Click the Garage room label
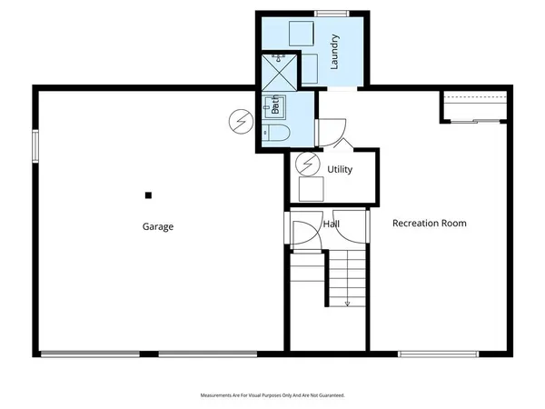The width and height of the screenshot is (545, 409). [x=157, y=226]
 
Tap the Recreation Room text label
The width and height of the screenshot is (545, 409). [x=429, y=223]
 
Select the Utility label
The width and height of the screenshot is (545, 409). [x=340, y=170]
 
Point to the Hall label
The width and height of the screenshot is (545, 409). [x=331, y=223]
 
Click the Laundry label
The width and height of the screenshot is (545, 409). [x=334, y=52]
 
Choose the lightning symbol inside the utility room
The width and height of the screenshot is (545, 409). [x=310, y=165]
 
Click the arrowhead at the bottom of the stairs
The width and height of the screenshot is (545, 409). [x=347, y=304]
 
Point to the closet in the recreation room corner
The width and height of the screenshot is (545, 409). [x=471, y=105]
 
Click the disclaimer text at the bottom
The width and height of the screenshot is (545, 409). [x=272, y=395]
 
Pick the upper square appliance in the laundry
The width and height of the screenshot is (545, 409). [x=300, y=32]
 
